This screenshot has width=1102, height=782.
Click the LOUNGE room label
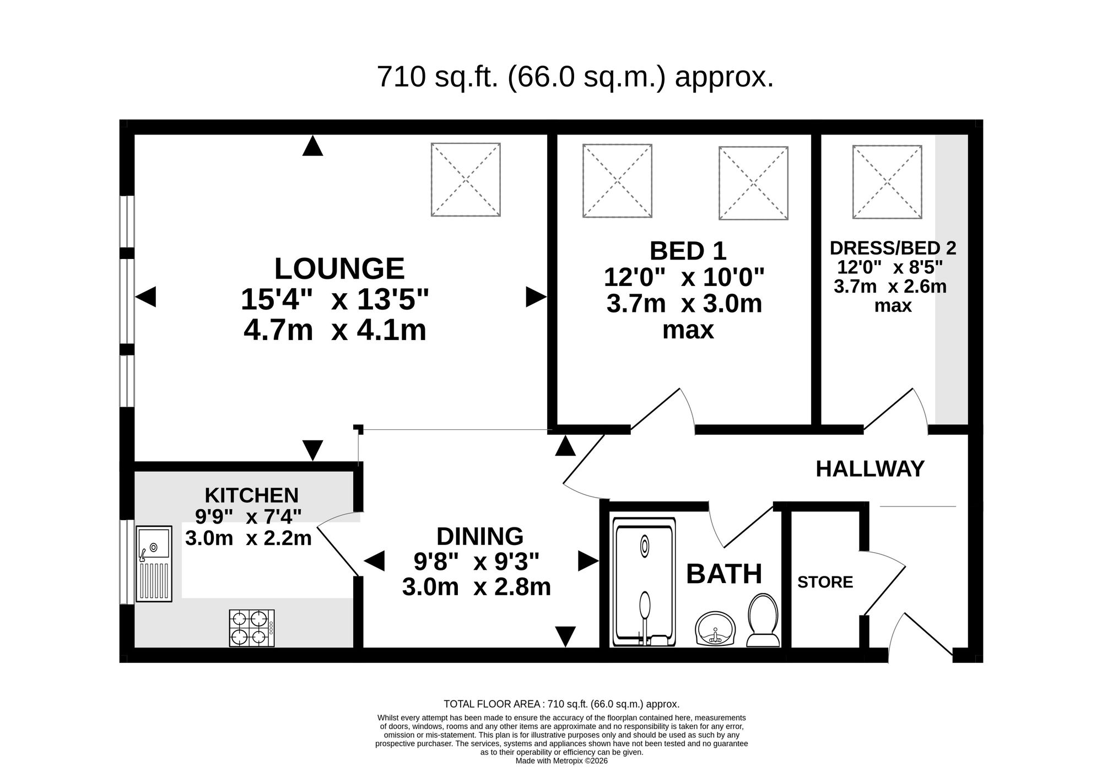coord(339,269)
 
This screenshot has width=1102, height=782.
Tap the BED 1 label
coord(688,251)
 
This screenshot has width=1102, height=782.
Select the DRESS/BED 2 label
coord(893,248)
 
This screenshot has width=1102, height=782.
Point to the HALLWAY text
coord(870,469)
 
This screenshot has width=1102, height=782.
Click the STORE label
coord(825,582)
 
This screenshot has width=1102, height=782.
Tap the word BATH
coord(724,574)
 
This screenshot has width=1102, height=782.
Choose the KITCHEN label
coord(251,495)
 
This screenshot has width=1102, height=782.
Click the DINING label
coord(479,536)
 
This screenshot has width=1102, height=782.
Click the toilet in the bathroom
coord(763,620)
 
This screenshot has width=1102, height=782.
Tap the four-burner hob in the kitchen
coord(252,628)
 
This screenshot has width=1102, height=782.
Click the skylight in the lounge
coord(466,180)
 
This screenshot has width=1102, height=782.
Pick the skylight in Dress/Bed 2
coord(887,182)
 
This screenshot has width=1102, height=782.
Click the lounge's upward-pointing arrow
coord(312,146)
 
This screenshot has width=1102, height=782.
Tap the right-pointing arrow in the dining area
coord(588,562)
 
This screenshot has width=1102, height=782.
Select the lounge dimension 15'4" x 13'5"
coord(334,300)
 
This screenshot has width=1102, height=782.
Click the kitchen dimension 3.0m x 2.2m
coord(249,538)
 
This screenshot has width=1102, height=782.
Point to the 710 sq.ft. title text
coord(575,77)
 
